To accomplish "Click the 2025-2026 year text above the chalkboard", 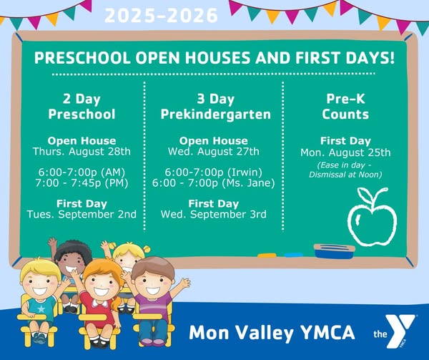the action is coord(161,16).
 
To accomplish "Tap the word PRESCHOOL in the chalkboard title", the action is coord(82,58).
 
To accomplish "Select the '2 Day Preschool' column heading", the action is coord(82,107).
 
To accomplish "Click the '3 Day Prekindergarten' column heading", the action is coord(216,107).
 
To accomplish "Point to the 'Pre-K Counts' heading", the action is coord(345,107).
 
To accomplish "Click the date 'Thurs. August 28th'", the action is coord(82,152).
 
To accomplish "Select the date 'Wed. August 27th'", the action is coord(213,152).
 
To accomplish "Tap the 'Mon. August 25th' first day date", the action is coord(345,152).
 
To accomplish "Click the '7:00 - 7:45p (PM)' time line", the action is coord(82,183).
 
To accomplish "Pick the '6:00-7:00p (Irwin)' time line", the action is coord(213,172).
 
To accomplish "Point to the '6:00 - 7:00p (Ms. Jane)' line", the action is coord(213,183).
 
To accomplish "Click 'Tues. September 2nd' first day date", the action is coord(82,214).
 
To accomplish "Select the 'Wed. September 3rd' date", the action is coord(213,214).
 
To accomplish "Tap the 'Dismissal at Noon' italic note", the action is coord(345,175).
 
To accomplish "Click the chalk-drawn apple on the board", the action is coord(372,217).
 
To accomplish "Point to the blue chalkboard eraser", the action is coord(334,251).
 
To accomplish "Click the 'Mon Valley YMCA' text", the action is coord(272,333).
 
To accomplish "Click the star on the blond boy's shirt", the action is coord(41,309).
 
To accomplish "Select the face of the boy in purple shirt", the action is coord(152,284).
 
